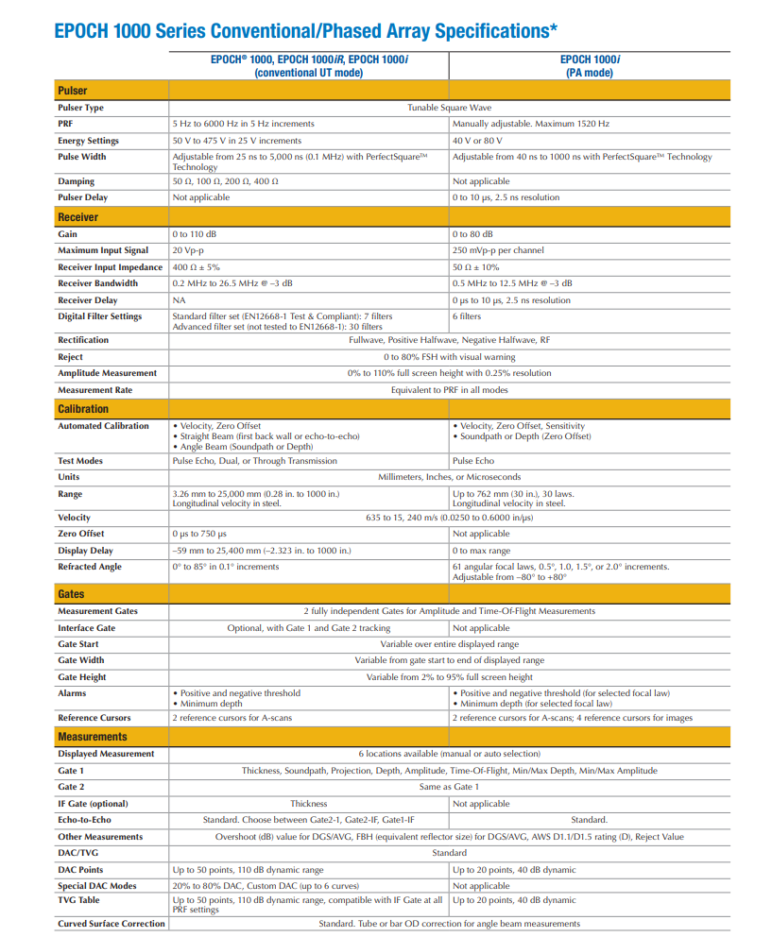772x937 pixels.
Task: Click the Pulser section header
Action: pos(73,91)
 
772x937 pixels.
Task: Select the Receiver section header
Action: pos(77,217)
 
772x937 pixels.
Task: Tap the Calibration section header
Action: pos(83,409)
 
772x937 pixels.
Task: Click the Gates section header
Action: pos(71,594)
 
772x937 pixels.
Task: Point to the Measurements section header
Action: pos(93,737)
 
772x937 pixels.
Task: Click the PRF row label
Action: pos(65,124)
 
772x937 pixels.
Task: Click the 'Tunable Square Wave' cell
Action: pos(449,108)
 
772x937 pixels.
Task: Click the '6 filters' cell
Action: pos(470,316)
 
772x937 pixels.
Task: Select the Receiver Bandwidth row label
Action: pos(99,283)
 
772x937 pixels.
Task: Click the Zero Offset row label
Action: pos(81,534)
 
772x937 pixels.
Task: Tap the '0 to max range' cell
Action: pos(483,551)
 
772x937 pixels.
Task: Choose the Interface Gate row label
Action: pos(87,628)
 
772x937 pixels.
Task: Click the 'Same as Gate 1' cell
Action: pos(449,787)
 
